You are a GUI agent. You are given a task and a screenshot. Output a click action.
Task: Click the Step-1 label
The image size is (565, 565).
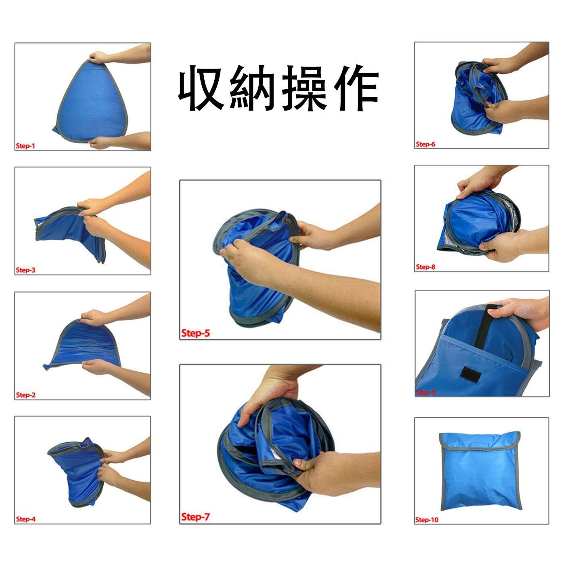pos(25,146)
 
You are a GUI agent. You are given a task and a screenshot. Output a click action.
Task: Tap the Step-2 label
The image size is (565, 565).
pos(25,395)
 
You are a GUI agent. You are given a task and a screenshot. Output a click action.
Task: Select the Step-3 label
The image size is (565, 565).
pos(25,270)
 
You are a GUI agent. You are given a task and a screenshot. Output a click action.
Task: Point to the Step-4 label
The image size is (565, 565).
pos(25,519)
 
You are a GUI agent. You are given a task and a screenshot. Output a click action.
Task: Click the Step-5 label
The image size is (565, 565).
pos(196,333)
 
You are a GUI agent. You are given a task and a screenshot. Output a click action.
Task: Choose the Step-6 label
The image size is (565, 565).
pos(425,144)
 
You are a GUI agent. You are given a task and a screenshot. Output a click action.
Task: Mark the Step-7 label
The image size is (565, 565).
pos(196,517)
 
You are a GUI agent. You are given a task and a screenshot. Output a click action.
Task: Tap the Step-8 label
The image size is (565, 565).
pos(425,267)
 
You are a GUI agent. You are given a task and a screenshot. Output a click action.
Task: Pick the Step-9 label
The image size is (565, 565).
pos(425,392)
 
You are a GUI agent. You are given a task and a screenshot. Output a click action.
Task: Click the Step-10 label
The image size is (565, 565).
pos(427,520)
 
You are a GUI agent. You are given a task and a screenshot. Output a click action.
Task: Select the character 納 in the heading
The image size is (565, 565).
pos(251,88)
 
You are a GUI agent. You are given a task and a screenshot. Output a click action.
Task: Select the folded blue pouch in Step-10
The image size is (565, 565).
pos(480,471)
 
